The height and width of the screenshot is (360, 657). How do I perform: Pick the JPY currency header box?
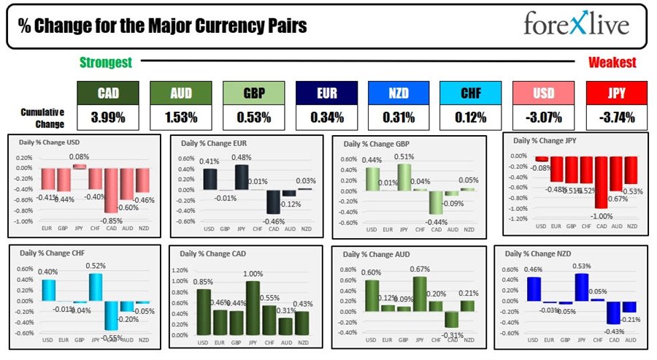click(616, 93)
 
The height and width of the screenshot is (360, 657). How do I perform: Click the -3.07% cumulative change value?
click(544, 117)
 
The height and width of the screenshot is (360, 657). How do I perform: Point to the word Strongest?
click(106, 64)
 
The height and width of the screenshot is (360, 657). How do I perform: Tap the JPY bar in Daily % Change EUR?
click(240, 177)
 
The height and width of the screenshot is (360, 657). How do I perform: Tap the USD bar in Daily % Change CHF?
click(48, 290)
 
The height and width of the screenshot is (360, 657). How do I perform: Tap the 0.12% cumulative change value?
click(472, 117)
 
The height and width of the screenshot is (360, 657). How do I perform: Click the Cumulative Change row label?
click(43, 117)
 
